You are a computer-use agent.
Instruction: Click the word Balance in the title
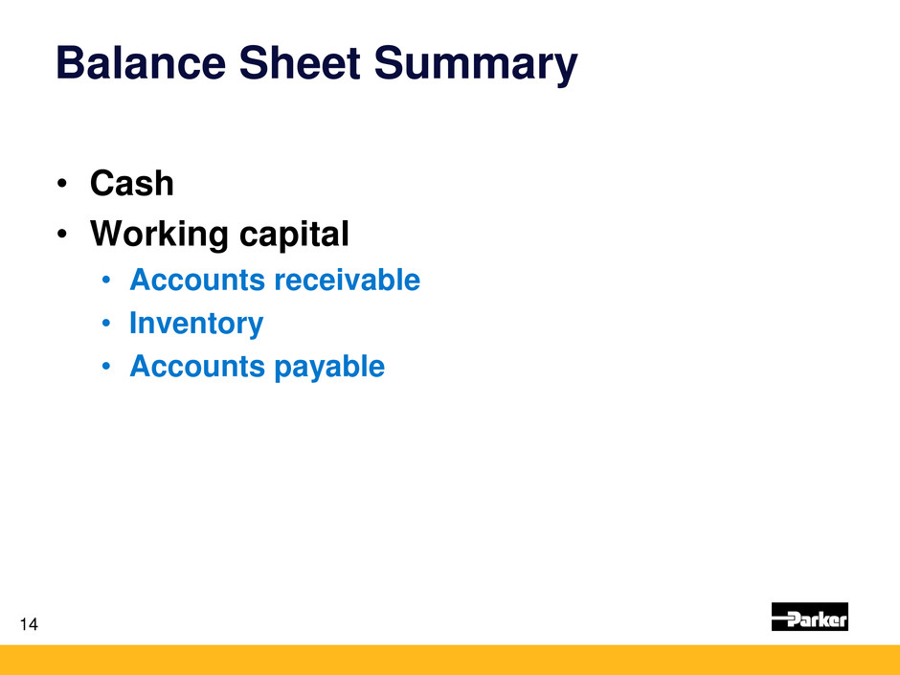141,62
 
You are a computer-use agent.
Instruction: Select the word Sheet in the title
300,62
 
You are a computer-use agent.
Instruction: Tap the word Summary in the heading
476,65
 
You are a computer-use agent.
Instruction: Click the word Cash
131,184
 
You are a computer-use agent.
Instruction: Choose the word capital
294,235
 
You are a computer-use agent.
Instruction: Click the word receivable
348,280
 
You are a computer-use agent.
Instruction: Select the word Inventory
196,324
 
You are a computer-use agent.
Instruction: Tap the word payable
329,367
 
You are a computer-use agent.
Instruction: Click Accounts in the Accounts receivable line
197,281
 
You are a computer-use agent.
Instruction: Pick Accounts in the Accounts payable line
197,366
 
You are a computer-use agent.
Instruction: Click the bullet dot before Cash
62,184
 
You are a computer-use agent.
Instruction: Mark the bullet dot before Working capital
62,235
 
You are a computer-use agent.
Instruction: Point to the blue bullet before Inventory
105,324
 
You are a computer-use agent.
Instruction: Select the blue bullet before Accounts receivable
105,281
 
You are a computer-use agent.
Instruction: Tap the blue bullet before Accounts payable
105,367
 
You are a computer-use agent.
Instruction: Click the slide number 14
29,624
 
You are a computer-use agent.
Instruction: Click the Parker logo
809,617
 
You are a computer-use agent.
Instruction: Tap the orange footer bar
450,660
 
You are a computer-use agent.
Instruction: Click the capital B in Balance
69,62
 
